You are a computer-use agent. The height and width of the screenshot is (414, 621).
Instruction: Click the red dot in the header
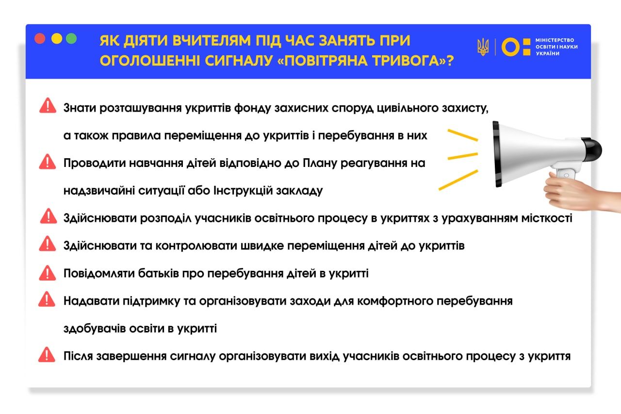coord(40,39)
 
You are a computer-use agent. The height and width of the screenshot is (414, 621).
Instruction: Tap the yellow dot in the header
coord(56,39)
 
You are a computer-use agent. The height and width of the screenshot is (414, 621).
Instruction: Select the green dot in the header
coord(72,39)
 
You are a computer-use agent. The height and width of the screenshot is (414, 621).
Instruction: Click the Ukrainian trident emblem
coord(483,47)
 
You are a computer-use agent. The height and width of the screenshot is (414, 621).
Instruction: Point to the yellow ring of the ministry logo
coord(510,47)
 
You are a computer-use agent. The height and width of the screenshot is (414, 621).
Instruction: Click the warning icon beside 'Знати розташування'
coord(48,106)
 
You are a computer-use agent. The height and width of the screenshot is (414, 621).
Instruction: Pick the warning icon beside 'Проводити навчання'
coord(48,161)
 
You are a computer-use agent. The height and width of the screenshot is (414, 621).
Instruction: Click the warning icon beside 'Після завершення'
coord(48,355)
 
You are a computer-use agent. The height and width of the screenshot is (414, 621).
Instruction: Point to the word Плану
coord(321,163)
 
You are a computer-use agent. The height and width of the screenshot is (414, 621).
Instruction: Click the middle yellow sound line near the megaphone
coord(462,156)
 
